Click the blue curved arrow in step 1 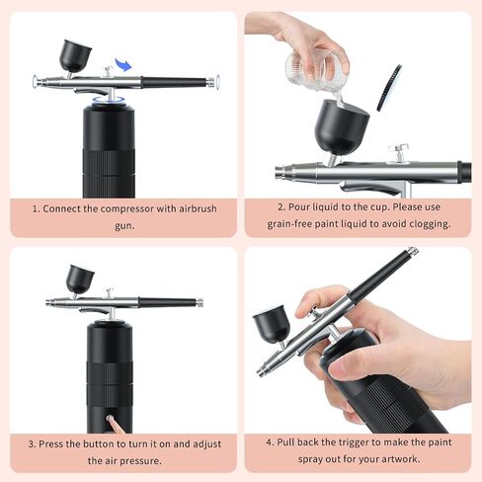(123, 64)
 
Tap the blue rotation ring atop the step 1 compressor (109, 101)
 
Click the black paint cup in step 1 (75, 55)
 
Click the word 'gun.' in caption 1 (124, 226)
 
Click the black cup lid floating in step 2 (389, 88)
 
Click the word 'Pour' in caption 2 (299, 207)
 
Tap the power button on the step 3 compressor (109, 418)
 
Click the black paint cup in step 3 (80, 279)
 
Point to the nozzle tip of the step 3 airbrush (48, 302)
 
